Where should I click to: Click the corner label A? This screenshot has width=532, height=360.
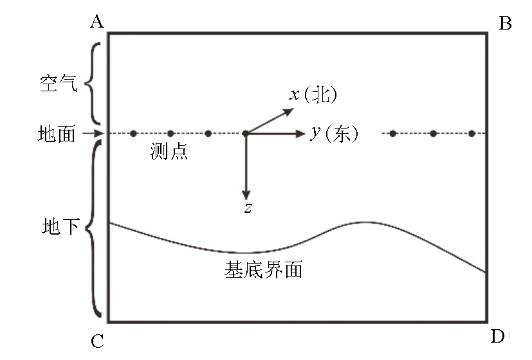(x=97, y=22)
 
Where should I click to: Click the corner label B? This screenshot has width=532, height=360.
(x=505, y=23)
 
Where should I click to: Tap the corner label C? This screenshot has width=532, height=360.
(x=97, y=341)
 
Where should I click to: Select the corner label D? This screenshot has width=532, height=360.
(x=498, y=336)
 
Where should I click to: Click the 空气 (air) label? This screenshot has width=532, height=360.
(x=59, y=83)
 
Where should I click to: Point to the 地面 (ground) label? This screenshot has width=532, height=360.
(x=57, y=134)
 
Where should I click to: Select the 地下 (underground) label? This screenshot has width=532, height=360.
(x=60, y=226)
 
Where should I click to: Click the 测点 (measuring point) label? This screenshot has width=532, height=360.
(x=169, y=151)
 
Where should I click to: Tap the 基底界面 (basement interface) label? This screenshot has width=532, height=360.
(x=263, y=270)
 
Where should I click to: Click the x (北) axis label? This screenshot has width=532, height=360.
(x=313, y=94)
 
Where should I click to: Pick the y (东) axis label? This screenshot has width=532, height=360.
(x=335, y=134)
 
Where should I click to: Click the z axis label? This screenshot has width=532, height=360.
(x=248, y=208)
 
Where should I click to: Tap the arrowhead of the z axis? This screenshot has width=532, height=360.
(x=246, y=195)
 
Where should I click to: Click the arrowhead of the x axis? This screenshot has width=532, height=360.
(x=289, y=111)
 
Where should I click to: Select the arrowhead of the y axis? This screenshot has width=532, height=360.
(x=300, y=134)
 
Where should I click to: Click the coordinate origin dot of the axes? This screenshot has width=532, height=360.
(x=246, y=134)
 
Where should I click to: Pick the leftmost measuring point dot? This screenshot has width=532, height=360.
(x=133, y=134)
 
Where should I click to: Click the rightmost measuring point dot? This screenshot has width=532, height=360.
(x=472, y=134)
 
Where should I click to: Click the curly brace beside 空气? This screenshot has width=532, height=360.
(x=89, y=83)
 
